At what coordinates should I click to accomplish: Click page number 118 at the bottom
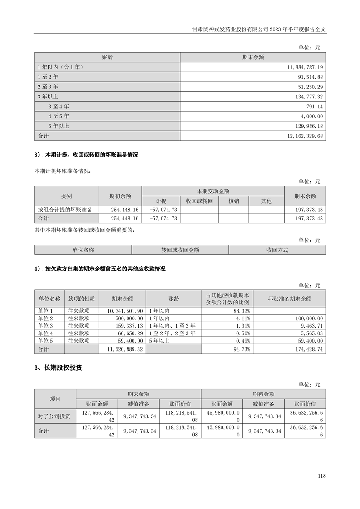(x=322, y=476)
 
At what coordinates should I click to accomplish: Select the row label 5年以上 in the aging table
(x=59, y=126)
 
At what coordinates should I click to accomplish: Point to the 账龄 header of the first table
(x=107, y=57)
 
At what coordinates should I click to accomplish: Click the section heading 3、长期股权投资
(x=58, y=368)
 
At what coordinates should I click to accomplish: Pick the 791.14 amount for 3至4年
(x=313, y=106)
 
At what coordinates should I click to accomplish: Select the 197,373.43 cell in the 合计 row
(x=308, y=218)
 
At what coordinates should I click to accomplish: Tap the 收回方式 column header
(x=277, y=250)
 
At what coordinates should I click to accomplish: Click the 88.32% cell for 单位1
(x=242, y=311)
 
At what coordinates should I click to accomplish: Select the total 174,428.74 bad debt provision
(x=307, y=350)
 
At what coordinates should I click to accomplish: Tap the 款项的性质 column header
(x=81, y=299)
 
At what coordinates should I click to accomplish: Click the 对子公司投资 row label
(x=54, y=416)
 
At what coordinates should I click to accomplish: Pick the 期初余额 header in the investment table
(x=263, y=394)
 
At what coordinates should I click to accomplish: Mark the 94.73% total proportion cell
(x=242, y=350)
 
